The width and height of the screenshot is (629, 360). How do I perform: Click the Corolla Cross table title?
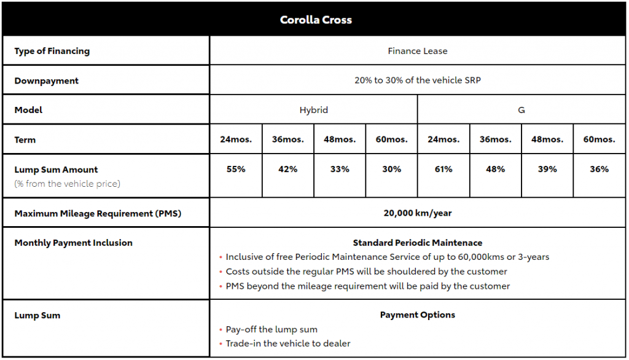tap(316, 20)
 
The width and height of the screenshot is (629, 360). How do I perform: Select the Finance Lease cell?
tap(417, 51)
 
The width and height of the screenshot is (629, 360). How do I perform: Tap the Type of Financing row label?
tap(52, 51)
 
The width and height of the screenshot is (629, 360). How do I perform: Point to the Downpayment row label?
tap(47, 80)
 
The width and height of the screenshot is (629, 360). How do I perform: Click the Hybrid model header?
tap(313, 110)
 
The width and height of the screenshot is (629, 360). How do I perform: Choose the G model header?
tap(521, 110)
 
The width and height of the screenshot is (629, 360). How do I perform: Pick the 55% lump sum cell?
tap(236, 169)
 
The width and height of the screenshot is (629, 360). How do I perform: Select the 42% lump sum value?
tap(287, 169)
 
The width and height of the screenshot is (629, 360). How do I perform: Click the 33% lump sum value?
tap(340, 169)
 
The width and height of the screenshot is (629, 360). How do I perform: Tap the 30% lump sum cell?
tap(391, 169)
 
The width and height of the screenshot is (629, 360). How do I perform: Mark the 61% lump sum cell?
tap(443, 169)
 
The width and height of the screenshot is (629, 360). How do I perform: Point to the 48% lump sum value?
tap(495, 169)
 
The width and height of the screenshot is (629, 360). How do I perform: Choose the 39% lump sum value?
tap(547, 169)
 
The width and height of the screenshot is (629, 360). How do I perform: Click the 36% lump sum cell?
tap(599, 169)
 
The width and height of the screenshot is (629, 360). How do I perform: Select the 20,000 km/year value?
tap(417, 213)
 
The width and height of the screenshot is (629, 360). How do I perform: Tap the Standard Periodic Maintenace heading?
tap(417, 243)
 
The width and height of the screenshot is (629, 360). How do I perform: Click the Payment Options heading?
tap(417, 315)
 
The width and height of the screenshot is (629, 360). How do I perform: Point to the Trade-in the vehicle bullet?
tap(287, 343)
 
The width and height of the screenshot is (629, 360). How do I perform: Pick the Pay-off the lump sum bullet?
tap(272, 329)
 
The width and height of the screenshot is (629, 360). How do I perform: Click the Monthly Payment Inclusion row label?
tap(73, 243)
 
